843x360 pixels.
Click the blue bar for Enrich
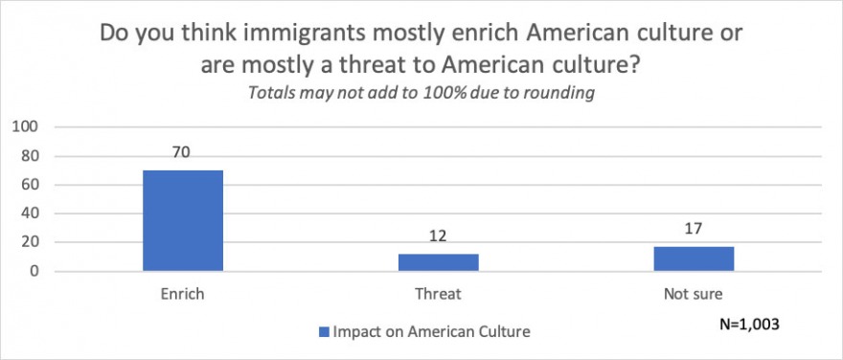183,220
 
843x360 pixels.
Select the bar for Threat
438,262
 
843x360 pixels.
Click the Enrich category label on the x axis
183,295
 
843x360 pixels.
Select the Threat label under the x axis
438,295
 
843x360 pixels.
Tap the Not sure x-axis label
693,295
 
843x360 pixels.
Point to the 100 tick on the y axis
25,126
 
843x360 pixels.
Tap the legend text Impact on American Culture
431,331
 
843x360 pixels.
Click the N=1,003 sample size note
750,324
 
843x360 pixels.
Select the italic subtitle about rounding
421,93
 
